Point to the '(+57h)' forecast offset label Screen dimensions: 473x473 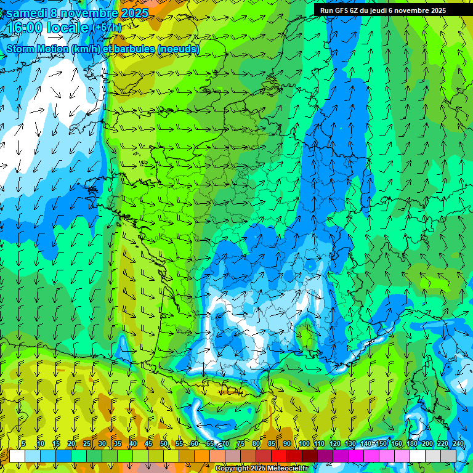pyautogui.click(x=107, y=28)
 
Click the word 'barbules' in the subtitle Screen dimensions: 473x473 pyautogui.click(x=135, y=49)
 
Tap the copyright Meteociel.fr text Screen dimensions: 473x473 pyautogui.click(x=261, y=469)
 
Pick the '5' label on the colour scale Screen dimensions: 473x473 pyautogui.click(x=23, y=443)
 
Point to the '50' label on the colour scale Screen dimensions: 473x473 pyautogui.click(x=164, y=443)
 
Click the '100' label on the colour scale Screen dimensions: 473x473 pyautogui.click(x=304, y=443)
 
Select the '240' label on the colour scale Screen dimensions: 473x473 pyautogui.click(x=458, y=443)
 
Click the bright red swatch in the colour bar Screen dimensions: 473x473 pyautogui.click(x=279, y=456)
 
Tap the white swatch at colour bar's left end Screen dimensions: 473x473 pyautogui.click(x=17, y=456)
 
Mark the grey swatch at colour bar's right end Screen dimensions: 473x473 pyautogui.click(x=448, y=456)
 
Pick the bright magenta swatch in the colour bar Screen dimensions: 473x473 pyautogui.click(x=356, y=456)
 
